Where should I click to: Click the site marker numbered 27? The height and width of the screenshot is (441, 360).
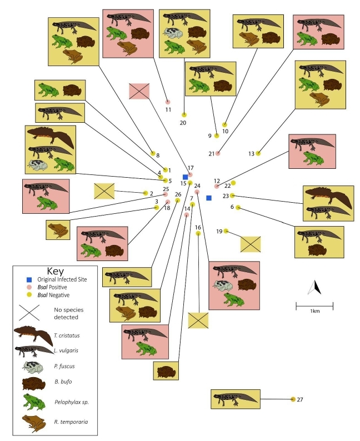293,399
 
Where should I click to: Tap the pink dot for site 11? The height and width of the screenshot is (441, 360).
168,102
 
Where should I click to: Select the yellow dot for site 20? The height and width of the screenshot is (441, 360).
184,114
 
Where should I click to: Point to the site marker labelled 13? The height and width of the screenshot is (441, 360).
258,153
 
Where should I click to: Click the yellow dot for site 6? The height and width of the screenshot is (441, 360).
238,208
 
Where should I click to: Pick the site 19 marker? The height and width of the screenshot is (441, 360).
226,231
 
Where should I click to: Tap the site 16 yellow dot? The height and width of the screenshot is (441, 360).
198,234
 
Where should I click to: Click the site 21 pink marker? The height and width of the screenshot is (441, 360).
218,153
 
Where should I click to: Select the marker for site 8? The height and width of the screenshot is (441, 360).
153,153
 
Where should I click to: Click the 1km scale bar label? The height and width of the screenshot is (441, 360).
314,311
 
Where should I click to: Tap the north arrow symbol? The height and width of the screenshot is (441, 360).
315,287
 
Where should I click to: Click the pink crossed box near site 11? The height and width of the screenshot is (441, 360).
139,91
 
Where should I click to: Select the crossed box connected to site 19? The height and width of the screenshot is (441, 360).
251,244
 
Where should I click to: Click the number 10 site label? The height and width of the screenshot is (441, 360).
225,132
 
